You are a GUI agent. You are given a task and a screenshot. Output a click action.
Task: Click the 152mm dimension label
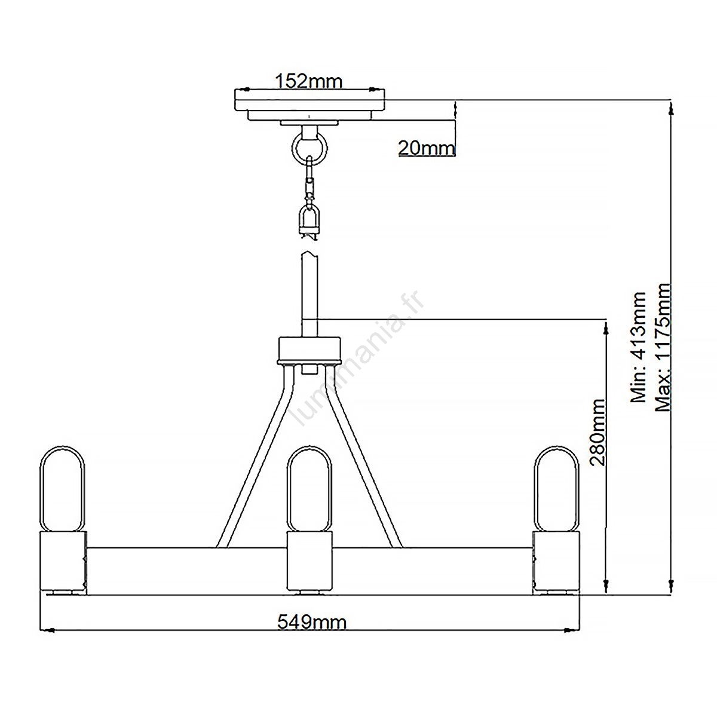coord(308,81)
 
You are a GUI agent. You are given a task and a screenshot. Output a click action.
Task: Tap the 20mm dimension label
coord(427,148)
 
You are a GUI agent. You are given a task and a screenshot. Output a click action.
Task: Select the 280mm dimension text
coord(599,433)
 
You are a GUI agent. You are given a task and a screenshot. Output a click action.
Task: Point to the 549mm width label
coord(312,622)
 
